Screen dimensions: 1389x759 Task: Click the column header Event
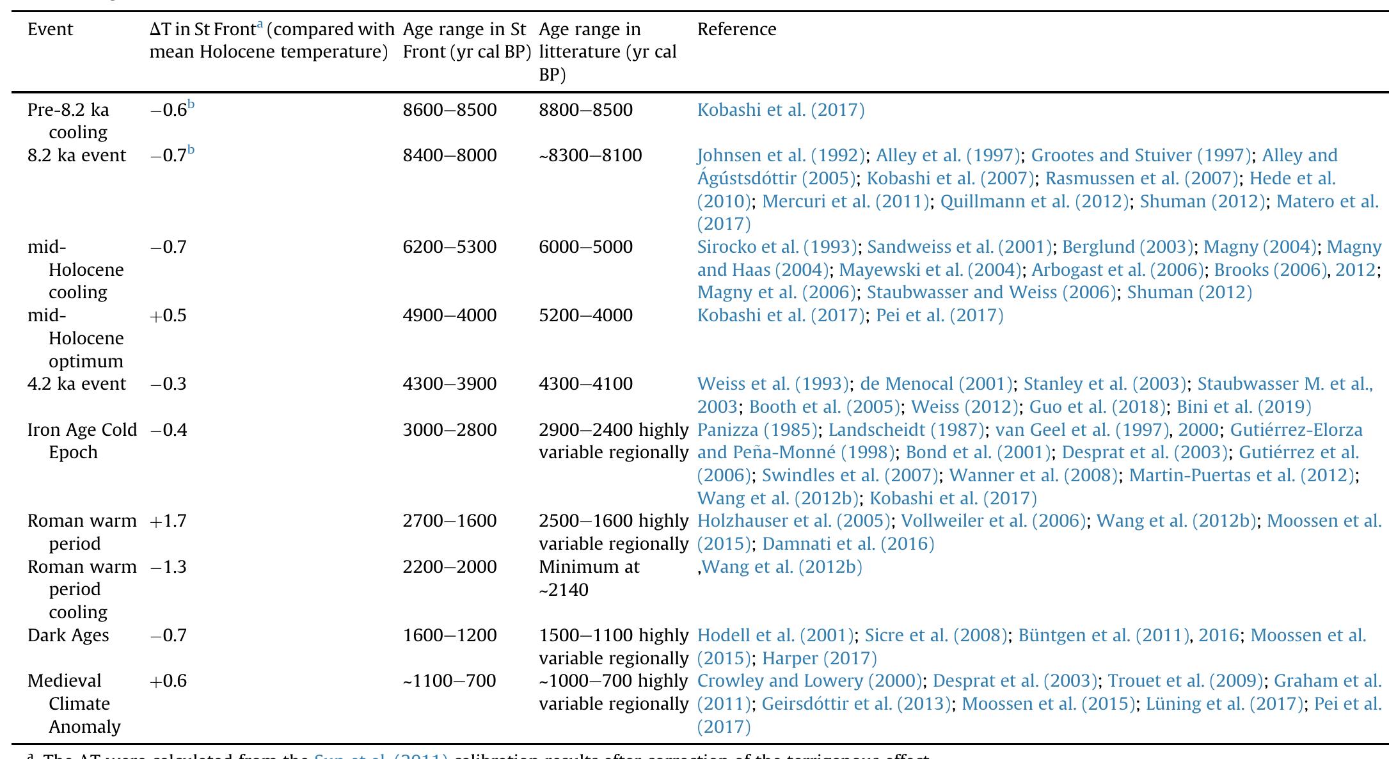(50, 29)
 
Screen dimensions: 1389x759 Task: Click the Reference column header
(736, 29)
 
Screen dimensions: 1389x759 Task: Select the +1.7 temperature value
(168, 521)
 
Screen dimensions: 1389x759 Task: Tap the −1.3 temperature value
(168, 567)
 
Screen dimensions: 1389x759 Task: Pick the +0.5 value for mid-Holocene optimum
(168, 316)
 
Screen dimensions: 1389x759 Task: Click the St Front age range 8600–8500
(449, 110)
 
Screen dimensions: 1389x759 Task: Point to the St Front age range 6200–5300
(449, 247)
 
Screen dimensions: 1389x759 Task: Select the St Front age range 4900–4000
(449, 316)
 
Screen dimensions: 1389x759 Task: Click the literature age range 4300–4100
(585, 384)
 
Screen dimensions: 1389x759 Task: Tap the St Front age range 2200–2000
(449, 567)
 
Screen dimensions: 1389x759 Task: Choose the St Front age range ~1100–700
(449, 681)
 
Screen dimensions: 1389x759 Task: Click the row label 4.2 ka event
(77, 384)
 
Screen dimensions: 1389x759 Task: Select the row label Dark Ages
(68, 635)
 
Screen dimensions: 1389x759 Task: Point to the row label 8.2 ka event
(77, 156)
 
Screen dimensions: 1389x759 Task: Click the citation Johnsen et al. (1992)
(781, 156)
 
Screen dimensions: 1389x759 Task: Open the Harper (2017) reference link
(819, 659)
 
